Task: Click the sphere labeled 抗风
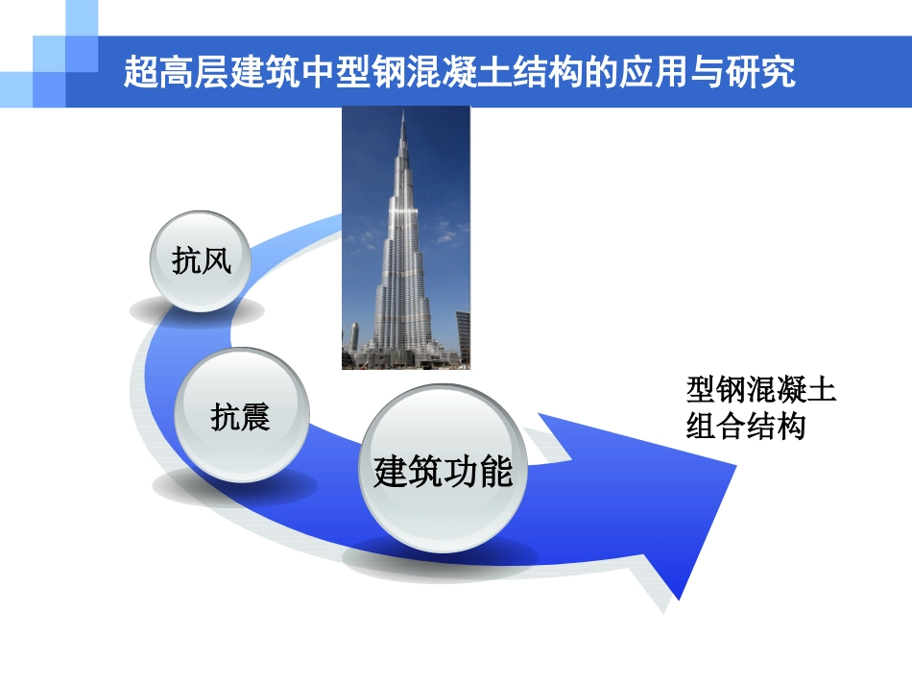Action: [202, 260]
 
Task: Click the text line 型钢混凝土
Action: [761, 392]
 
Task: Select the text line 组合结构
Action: [745, 427]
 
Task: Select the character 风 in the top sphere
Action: [217, 261]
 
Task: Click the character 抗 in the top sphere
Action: [186, 261]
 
